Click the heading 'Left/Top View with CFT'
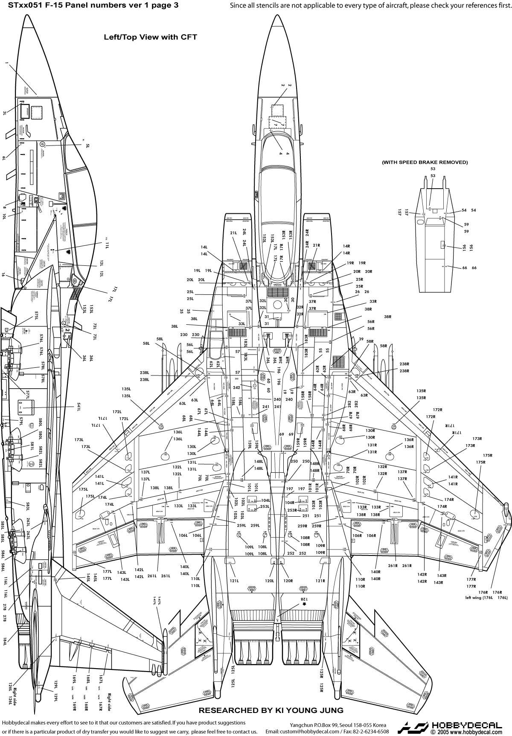tap(150, 37)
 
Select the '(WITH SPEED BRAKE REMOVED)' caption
tap(424, 162)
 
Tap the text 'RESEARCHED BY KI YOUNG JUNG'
tap(271, 710)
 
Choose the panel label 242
tap(236, 387)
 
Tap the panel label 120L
tap(269, 581)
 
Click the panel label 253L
tap(265, 506)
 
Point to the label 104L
tap(265, 500)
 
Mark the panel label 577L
tap(27, 393)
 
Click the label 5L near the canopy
tap(88, 146)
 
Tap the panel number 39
tap(361, 339)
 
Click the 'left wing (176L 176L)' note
tap(486, 597)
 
